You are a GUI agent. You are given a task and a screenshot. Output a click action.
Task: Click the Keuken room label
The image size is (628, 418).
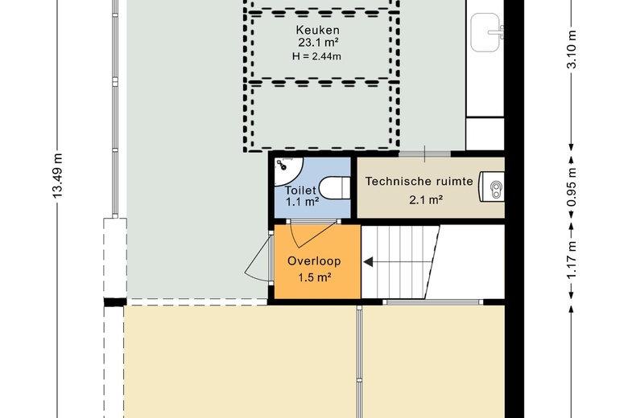pyautogui.click(x=317, y=30)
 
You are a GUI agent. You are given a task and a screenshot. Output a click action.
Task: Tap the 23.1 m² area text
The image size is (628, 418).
pyautogui.click(x=318, y=43)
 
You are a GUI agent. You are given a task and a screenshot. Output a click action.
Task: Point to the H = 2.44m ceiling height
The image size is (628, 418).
pyautogui.click(x=316, y=56)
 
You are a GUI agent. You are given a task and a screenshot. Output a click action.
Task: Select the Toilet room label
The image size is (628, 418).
pyautogui.click(x=300, y=191)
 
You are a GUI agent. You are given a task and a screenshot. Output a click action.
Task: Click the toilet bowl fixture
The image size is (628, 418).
pyautogui.click(x=335, y=188)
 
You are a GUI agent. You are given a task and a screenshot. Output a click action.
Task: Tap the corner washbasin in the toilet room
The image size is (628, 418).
pyautogui.click(x=287, y=170)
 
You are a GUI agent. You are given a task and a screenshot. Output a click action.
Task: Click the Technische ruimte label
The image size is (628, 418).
pyautogui.click(x=419, y=182)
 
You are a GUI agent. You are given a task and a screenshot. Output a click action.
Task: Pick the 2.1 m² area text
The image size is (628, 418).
pyautogui.click(x=426, y=199)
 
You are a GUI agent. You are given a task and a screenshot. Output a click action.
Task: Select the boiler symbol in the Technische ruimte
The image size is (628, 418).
pyautogui.click(x=492, y=186)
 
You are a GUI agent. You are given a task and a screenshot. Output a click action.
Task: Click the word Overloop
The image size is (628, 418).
pyautogui.click(x=314, y=261)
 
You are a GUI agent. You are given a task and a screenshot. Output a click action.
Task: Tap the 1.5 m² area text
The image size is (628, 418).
pyautogui.click(x=315, y=277)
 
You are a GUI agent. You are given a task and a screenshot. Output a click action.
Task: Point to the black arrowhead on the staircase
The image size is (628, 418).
pyautogui.click(x=368, y=262)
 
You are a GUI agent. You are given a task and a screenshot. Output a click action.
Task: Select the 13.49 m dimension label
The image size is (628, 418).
pyautogui.click(x=57, y=175)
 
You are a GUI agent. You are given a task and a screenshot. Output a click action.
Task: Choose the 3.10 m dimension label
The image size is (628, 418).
pyautogui.click(x=572, y=50)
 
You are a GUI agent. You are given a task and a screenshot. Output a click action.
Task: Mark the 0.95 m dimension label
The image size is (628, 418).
pyautogui.click(x=572, y=187)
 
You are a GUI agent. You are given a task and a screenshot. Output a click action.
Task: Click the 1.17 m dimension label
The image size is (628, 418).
pyautogui.click(x=572, y=260)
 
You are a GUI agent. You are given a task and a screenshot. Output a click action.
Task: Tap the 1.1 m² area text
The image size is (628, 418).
pyautogui.click(x=303, y=202)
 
